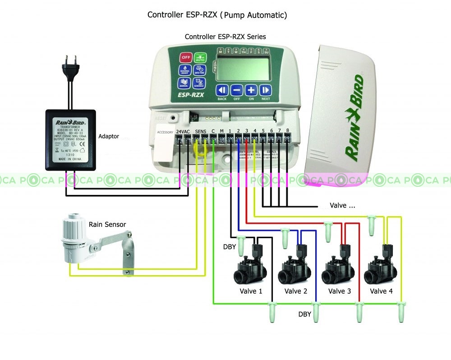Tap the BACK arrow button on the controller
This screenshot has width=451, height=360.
[222, 90]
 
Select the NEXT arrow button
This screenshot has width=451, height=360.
[266, 90]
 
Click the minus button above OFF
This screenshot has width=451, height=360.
[237, 90]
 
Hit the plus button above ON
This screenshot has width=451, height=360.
[251, 90]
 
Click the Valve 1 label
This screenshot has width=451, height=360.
[251, 291]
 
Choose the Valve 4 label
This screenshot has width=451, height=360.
[381, 291]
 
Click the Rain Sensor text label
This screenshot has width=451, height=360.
[107, 224]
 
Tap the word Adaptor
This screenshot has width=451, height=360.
[109, 136]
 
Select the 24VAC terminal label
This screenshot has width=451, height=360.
[183, 131]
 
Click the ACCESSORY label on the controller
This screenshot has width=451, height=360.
[164, 132]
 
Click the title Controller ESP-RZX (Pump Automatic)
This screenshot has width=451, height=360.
[217, 15]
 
